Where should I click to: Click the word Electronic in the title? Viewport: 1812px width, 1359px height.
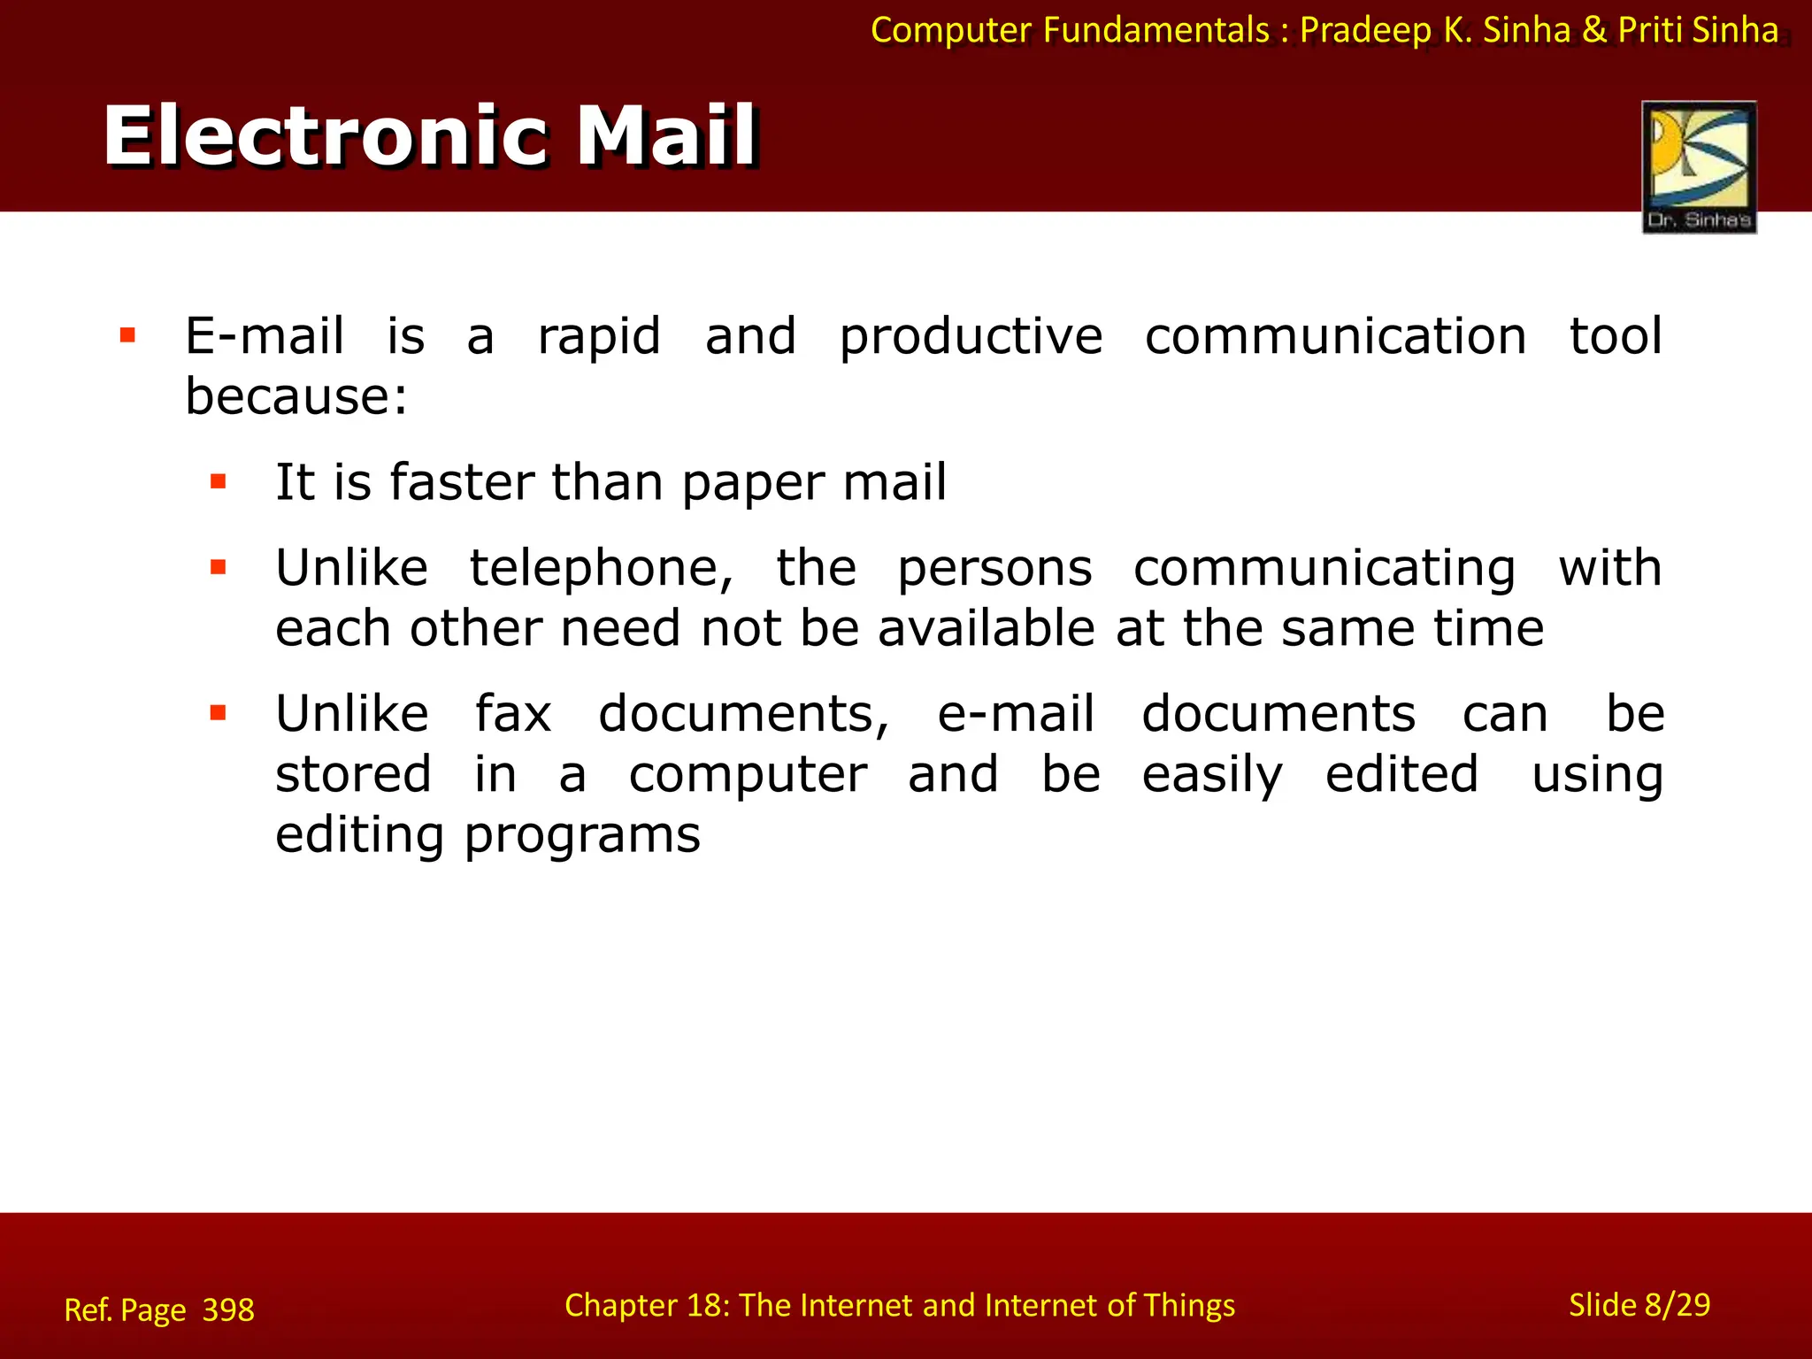[326, 136]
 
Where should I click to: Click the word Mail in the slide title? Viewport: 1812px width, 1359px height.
[667, 136]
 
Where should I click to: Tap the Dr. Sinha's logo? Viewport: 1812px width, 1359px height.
[1699, 167]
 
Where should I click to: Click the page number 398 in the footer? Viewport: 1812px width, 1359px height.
[228, 1309]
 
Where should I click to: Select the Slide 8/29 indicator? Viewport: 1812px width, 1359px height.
[1639, 1305]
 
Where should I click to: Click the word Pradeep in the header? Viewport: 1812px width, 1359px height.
[1365, 31]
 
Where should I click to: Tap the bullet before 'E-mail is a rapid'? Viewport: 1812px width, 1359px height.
[127, 335]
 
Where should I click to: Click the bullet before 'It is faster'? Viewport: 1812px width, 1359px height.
[219, 482]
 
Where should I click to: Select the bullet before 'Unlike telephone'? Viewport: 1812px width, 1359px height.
[219, 567]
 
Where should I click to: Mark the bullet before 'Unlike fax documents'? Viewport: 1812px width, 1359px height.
[219, 713]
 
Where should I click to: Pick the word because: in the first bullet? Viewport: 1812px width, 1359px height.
[296, 395]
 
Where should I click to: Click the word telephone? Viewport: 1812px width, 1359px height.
[601, 568]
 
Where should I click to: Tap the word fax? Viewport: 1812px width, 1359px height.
[513, 714]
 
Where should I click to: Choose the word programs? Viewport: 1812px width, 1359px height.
[582, 836]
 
